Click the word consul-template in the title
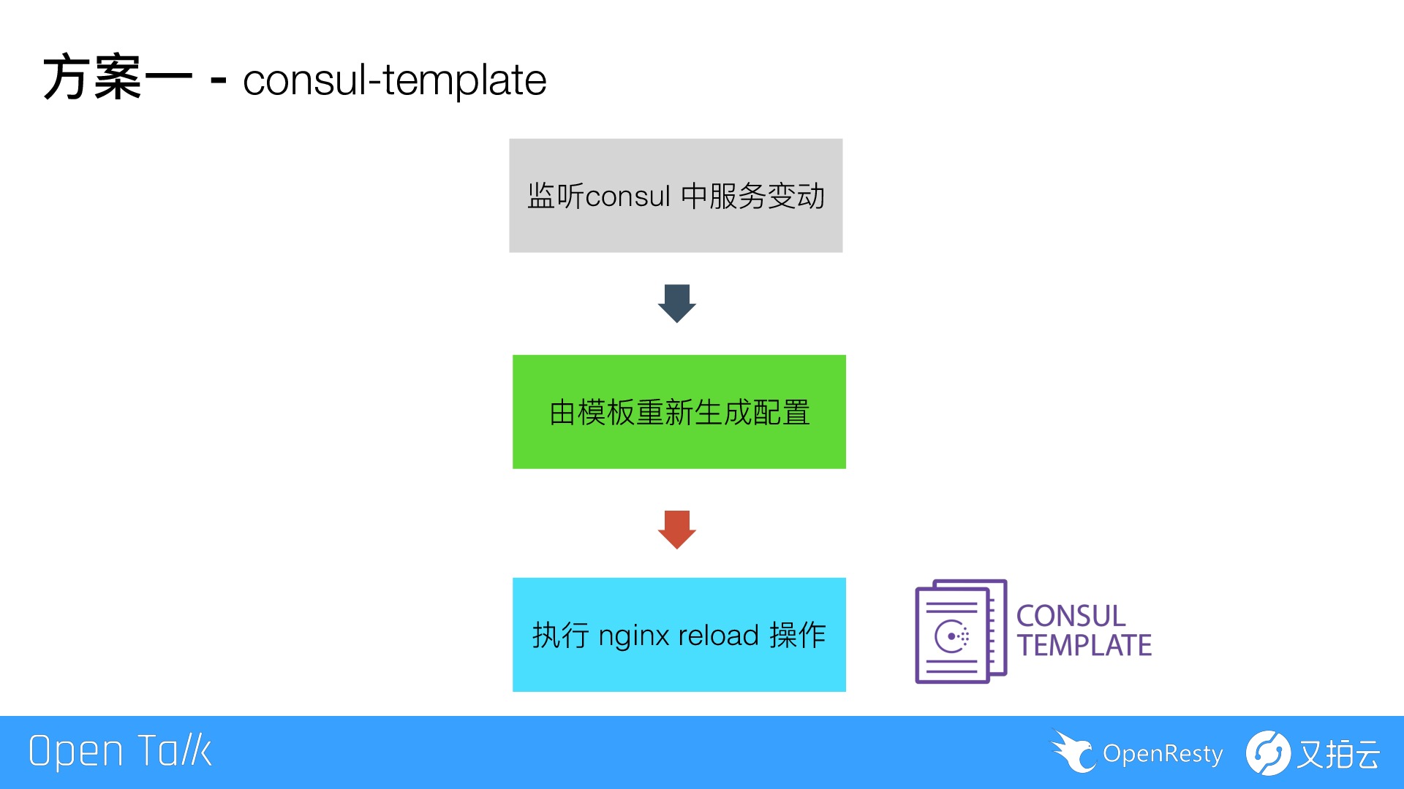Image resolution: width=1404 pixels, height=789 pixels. [x=394, y=80]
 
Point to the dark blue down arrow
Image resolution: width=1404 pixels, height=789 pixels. [x=676, y=302]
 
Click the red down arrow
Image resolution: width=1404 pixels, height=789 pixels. [x=676, y=529]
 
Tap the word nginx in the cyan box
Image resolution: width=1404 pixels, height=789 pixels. [x=633, y=636]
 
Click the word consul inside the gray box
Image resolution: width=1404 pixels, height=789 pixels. [x=627, y=196]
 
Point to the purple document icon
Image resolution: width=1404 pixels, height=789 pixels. [x=960, y=631]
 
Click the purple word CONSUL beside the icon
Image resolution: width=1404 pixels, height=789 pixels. [x=1071, y=616]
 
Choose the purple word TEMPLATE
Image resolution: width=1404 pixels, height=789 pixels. [x=1084, y=646]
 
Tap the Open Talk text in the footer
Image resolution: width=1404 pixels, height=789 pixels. [x=120, y=752]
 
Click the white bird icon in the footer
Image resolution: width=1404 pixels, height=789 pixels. [x=1073, y=751]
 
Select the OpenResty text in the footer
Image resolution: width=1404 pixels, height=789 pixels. [x=1163, y=753]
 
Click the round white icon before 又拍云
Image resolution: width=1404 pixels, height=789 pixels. [x=1268, y=752]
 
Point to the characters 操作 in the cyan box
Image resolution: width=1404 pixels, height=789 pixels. [x=798, y=635]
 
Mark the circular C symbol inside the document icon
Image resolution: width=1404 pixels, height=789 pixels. [x=951, y=636]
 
